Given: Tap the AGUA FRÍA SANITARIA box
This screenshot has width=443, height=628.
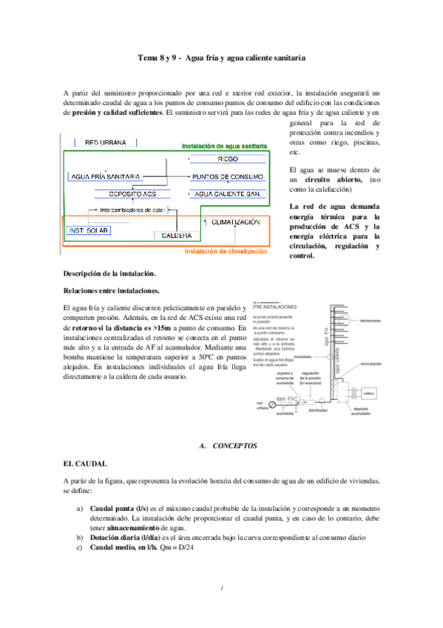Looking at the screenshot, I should tap(106, 177).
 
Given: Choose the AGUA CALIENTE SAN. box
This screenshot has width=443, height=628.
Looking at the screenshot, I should tap(227, 193).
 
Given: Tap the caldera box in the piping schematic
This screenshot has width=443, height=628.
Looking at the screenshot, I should tap(370, 393).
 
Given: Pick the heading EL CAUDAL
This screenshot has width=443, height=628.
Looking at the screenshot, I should tap(85, 464).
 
